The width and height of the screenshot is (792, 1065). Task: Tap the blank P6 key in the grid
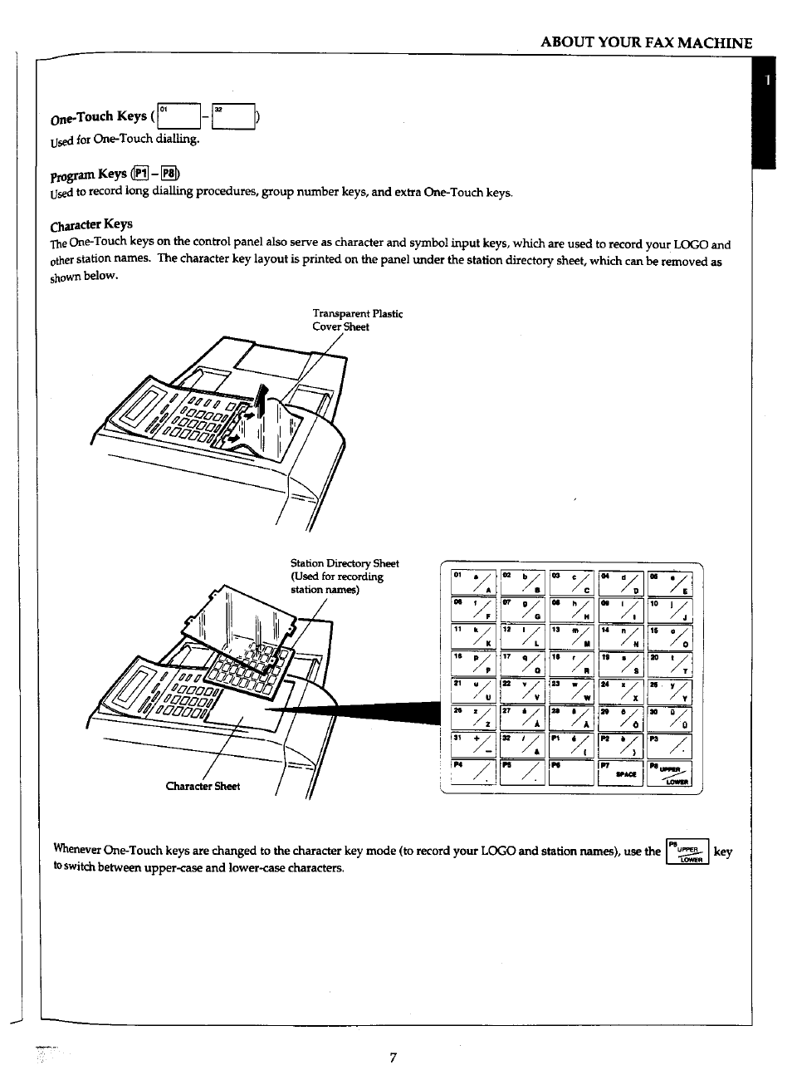(571, 773)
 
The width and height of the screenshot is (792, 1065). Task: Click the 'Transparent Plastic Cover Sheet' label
(357, 320)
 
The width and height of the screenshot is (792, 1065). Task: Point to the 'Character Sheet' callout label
(203, 786)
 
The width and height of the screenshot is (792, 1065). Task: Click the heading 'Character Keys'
(91, 224)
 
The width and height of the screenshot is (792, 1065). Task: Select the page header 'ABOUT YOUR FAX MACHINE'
(646, 43)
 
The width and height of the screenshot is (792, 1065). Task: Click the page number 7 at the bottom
(394, 1057)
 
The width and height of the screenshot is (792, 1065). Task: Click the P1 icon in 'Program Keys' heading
(142, 174)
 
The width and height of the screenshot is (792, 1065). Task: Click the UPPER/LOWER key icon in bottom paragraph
(688, 852)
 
